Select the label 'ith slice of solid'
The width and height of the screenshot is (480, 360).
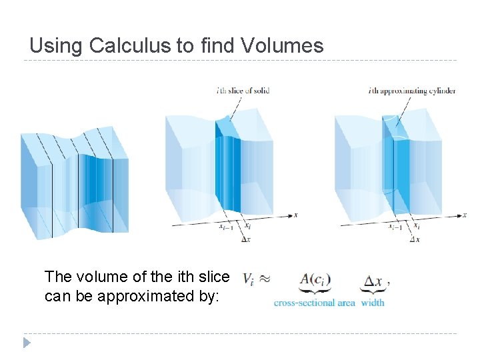(243, 91)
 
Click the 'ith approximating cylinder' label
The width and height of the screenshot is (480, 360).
(412, 91)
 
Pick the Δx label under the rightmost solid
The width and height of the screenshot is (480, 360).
(415, 239)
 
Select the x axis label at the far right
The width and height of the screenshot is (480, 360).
(465, 215)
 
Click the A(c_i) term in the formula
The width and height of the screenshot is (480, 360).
(315, 281)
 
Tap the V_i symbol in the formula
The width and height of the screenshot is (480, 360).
(248, 281)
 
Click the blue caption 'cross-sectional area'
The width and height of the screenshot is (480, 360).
(314, 303)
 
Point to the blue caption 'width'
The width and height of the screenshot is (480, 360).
(373, 303)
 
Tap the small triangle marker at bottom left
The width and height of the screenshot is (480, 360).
(27, 343)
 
